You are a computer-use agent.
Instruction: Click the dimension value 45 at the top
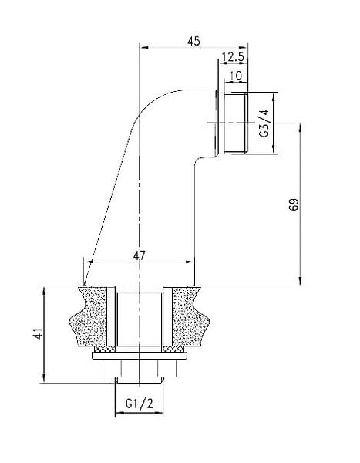(x=193, y=41)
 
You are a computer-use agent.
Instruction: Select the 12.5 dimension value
(x=233, y=56)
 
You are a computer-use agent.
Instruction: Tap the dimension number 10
(x=235, y=76)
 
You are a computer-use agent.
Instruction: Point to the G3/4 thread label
(x=264, y=123)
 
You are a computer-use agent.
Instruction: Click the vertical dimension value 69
(x=294, y=204)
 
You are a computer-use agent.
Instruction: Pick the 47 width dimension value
(x=140, y=255)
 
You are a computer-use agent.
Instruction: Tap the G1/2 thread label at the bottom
(x=140, y=404)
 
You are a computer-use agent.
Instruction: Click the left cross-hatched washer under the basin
(x=105, y=350)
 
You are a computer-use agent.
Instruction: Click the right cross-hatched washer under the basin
(x=173, y=350)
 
